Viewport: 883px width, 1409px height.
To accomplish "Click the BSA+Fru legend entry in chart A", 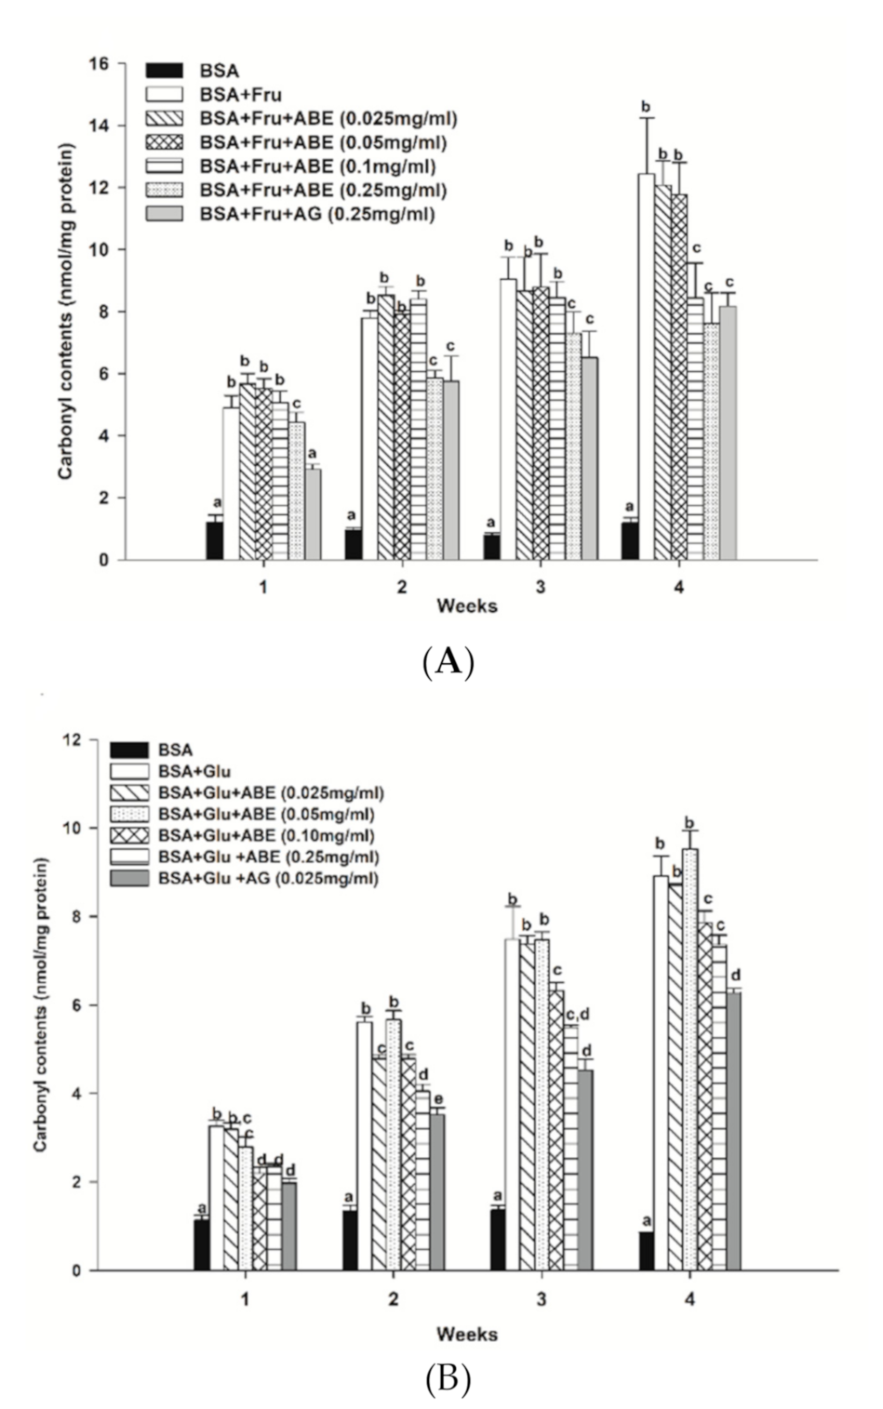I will coord(240,94).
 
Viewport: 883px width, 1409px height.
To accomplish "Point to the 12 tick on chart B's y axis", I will coord(87,739).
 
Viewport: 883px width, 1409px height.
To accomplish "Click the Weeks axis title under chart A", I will coord(467,606).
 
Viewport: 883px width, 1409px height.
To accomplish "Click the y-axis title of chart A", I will coord(66,312).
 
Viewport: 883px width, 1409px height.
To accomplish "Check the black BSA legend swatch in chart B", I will coord(128,750).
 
